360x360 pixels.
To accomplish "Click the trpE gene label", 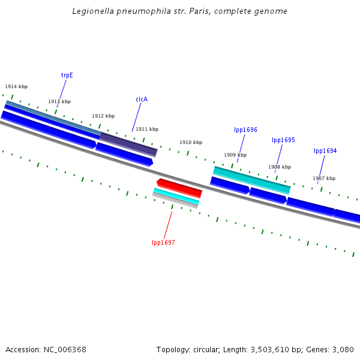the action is (x=67, y=76).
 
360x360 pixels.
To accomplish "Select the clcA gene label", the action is (x=142, y=99).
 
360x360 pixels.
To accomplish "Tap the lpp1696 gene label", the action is (x=245, y=130).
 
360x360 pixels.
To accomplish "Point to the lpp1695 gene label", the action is (x=283, y=140).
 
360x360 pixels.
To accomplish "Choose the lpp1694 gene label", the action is (x=325, y=151).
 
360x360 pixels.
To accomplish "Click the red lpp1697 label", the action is (x=163, y=242).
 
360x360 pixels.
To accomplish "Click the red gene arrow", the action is (x=179, y=187).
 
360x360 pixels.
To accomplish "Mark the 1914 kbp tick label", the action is (x=16, y=87).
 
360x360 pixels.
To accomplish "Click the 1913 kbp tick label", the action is (x=59, y=101).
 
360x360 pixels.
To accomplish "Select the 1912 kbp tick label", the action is (x=103, y=116).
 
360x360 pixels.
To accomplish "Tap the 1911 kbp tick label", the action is (x=147, y=129).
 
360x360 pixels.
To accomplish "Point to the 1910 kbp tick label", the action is (x=191, y=142).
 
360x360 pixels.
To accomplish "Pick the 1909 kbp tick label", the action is (x=235, y=155).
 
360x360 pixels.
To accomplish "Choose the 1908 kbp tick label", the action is (x=280, y=167).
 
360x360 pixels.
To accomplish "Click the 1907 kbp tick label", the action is (x=324, y=178).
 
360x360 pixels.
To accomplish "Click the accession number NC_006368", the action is (x=64, y=349).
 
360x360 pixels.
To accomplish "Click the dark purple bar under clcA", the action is (x=128, y=143).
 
